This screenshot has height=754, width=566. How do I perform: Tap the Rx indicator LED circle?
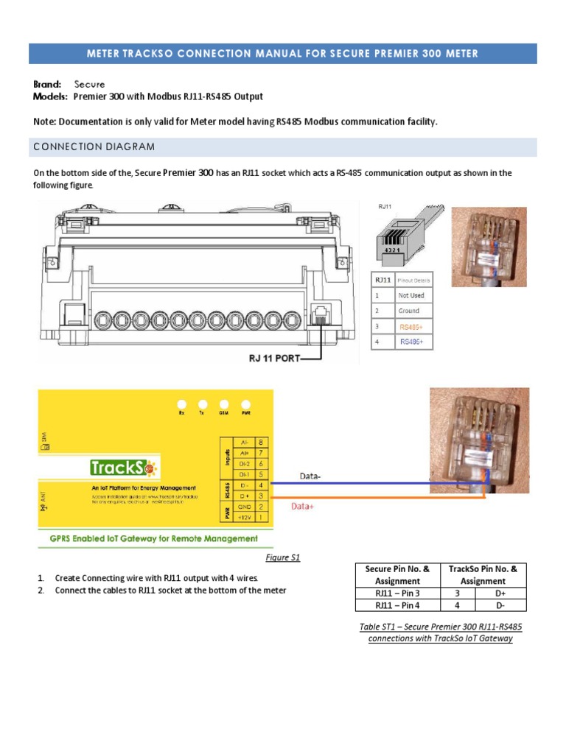coord(181,404)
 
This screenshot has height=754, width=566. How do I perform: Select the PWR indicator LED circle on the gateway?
coord(246,404)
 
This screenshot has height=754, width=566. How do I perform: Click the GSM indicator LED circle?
coord(224,404)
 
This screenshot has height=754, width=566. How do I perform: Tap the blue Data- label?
coord(310,476)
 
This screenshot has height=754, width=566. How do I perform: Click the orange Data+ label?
coord(303,507)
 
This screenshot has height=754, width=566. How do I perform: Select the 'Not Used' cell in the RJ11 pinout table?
coord(411,295)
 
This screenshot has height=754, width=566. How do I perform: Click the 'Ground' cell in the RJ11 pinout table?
coord(409,311)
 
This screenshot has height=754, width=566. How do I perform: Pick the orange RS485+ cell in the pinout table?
coord(411,326)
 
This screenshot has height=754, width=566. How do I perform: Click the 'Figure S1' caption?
coord(283,557)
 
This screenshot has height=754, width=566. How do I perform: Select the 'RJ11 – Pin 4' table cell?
coord(397,605)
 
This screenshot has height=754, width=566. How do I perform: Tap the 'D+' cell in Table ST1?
coord(500,593)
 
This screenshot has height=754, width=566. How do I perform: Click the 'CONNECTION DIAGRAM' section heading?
coord(94,147)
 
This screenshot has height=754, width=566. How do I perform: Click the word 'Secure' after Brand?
coord(88,85)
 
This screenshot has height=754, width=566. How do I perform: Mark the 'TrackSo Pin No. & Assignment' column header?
coord(483,574)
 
